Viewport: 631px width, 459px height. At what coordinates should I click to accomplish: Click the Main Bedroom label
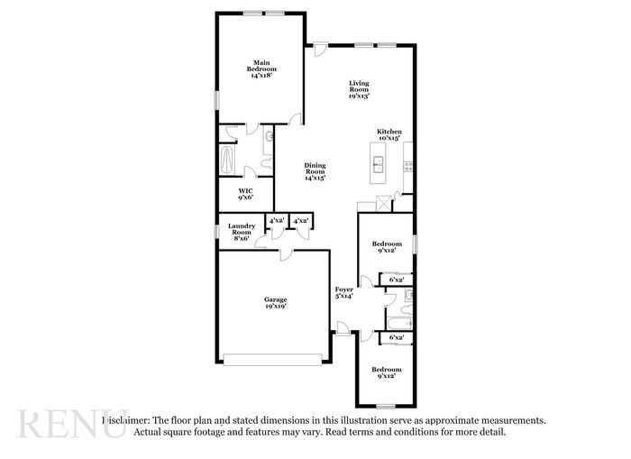(262, 69)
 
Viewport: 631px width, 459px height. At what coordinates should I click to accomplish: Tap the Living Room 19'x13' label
(360, 89)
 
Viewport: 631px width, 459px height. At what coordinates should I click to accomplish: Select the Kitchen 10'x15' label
(389, 134)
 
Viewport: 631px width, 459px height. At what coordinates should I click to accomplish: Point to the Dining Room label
(315, 171)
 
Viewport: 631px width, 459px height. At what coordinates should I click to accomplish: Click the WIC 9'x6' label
(245, 195)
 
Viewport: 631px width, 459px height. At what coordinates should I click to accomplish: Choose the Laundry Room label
(241, 232)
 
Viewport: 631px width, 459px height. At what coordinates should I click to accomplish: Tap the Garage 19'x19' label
(275, 303)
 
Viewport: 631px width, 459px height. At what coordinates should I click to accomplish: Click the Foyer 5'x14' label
(344, 292)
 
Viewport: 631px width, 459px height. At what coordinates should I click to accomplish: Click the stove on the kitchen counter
(408, 165)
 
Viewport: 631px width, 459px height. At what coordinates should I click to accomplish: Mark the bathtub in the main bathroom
(226, 161)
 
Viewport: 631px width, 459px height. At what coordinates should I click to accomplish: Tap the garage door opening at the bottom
(274, 362)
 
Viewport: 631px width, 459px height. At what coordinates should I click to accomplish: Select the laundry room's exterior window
(216, 232)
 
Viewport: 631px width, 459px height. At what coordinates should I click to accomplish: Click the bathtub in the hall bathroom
(397, 319)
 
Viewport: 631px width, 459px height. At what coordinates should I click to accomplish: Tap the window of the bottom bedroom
(385, 406)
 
